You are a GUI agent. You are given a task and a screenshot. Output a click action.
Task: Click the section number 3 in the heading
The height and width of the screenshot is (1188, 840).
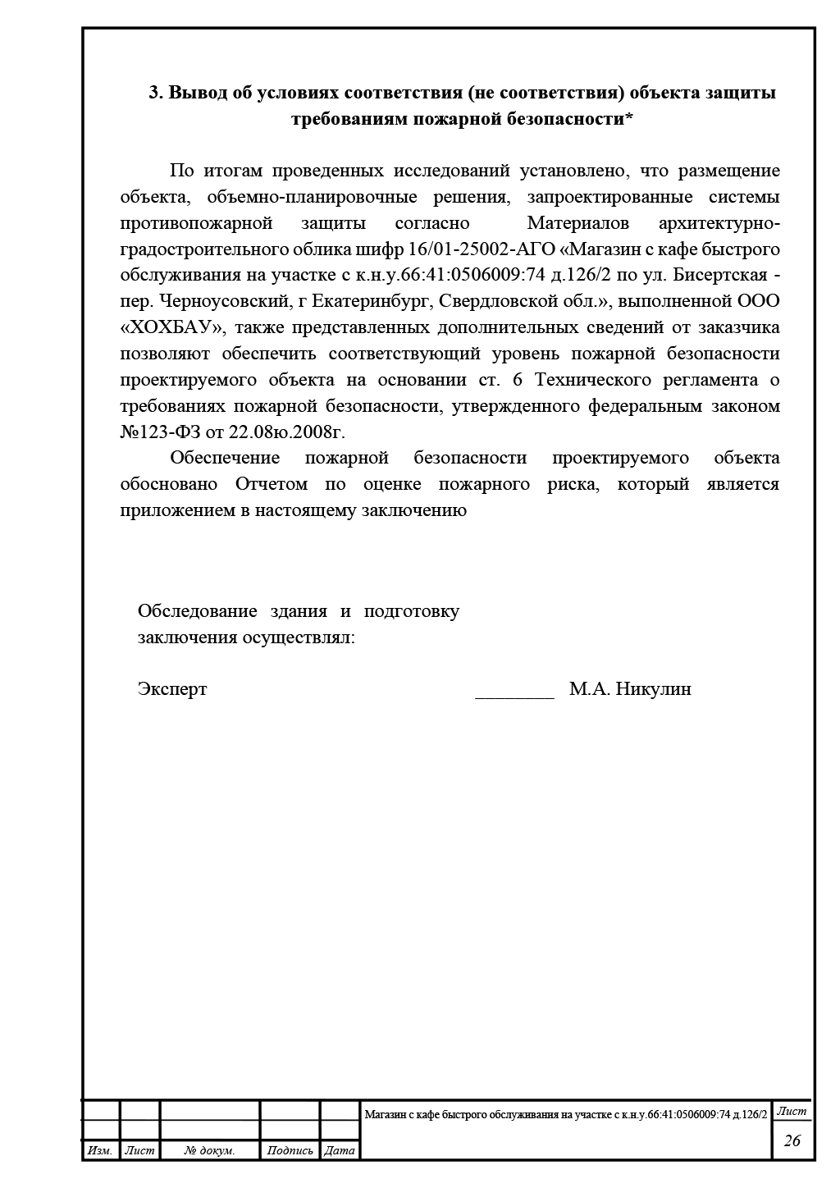click(x=153, y=93)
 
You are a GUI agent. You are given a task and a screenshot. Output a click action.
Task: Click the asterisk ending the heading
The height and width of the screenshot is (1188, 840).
click(x=628, y=118)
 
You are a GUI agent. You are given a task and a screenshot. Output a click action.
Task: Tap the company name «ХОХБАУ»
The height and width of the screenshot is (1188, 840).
click(x=172, y=328)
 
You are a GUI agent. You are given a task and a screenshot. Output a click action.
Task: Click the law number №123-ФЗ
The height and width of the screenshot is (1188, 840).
click(x=155, y=432)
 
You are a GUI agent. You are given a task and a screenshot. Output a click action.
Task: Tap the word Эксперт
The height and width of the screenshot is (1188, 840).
click(x=172, y=689)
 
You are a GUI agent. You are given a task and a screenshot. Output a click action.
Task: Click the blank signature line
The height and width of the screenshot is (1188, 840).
click(x=515, y=694)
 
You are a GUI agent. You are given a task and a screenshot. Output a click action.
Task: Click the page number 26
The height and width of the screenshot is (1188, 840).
click(x=792, y=1141)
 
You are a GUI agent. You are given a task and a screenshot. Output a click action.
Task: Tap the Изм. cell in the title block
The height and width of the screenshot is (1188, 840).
click(x=100, y=1151)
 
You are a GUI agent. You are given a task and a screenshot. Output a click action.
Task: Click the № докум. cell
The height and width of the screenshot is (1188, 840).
click(x=210, y=1151)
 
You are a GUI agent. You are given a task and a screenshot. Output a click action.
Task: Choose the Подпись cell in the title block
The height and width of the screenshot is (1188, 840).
click(x=290, y=1151)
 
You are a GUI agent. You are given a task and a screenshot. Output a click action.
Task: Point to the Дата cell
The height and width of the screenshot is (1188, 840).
click(x=340, y=1151)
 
